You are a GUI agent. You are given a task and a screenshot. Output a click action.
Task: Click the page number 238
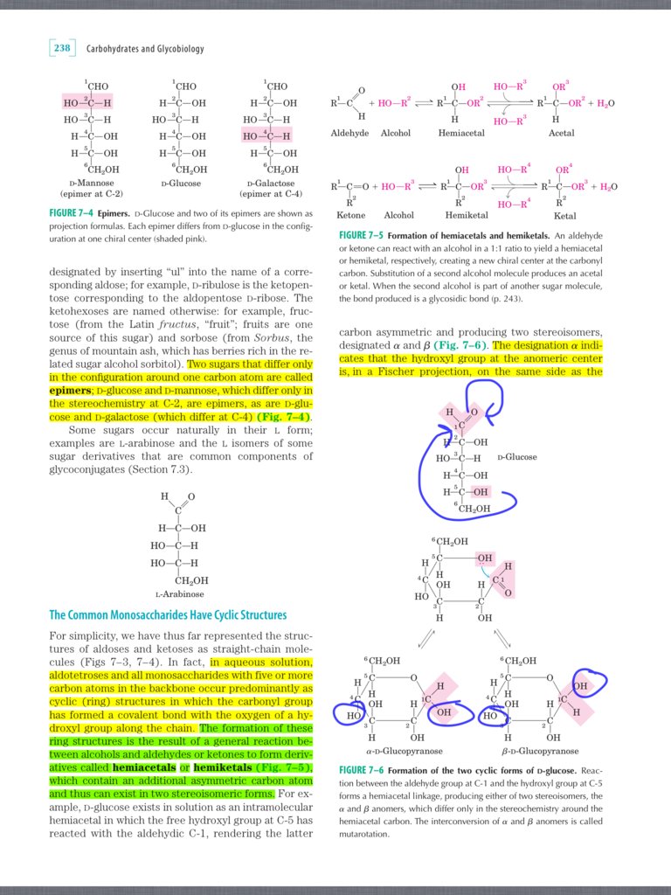tap(62, 49)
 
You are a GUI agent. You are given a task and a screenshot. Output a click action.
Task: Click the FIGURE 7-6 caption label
tap(361, 770)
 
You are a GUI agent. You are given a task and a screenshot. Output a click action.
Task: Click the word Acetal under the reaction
tap(561, 133)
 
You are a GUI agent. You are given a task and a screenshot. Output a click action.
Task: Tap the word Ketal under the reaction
tap(564, 215)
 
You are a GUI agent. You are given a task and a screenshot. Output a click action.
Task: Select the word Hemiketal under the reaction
tap(466, 215)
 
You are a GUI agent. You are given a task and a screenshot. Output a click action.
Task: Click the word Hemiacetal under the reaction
tap(462, 133)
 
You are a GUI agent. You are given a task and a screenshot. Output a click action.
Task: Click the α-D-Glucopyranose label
tap(402, 751)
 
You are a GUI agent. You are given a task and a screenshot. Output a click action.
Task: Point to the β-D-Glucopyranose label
tap(539, 751)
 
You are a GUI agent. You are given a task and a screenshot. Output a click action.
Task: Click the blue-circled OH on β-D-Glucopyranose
tap(580, 685)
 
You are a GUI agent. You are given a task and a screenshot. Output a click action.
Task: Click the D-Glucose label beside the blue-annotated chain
tap(516, 457)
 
